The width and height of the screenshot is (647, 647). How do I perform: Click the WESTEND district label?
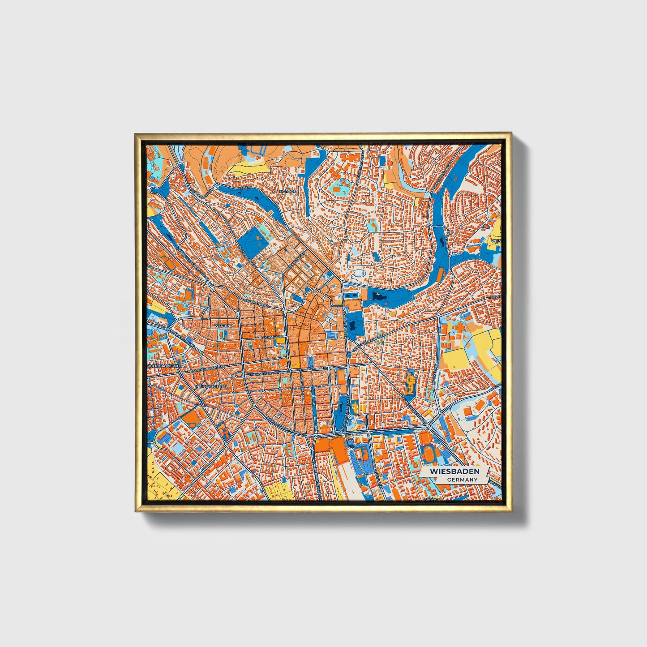click(x=224, y=326)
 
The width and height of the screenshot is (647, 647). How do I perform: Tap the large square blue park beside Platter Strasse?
click(x=251, y=242)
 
